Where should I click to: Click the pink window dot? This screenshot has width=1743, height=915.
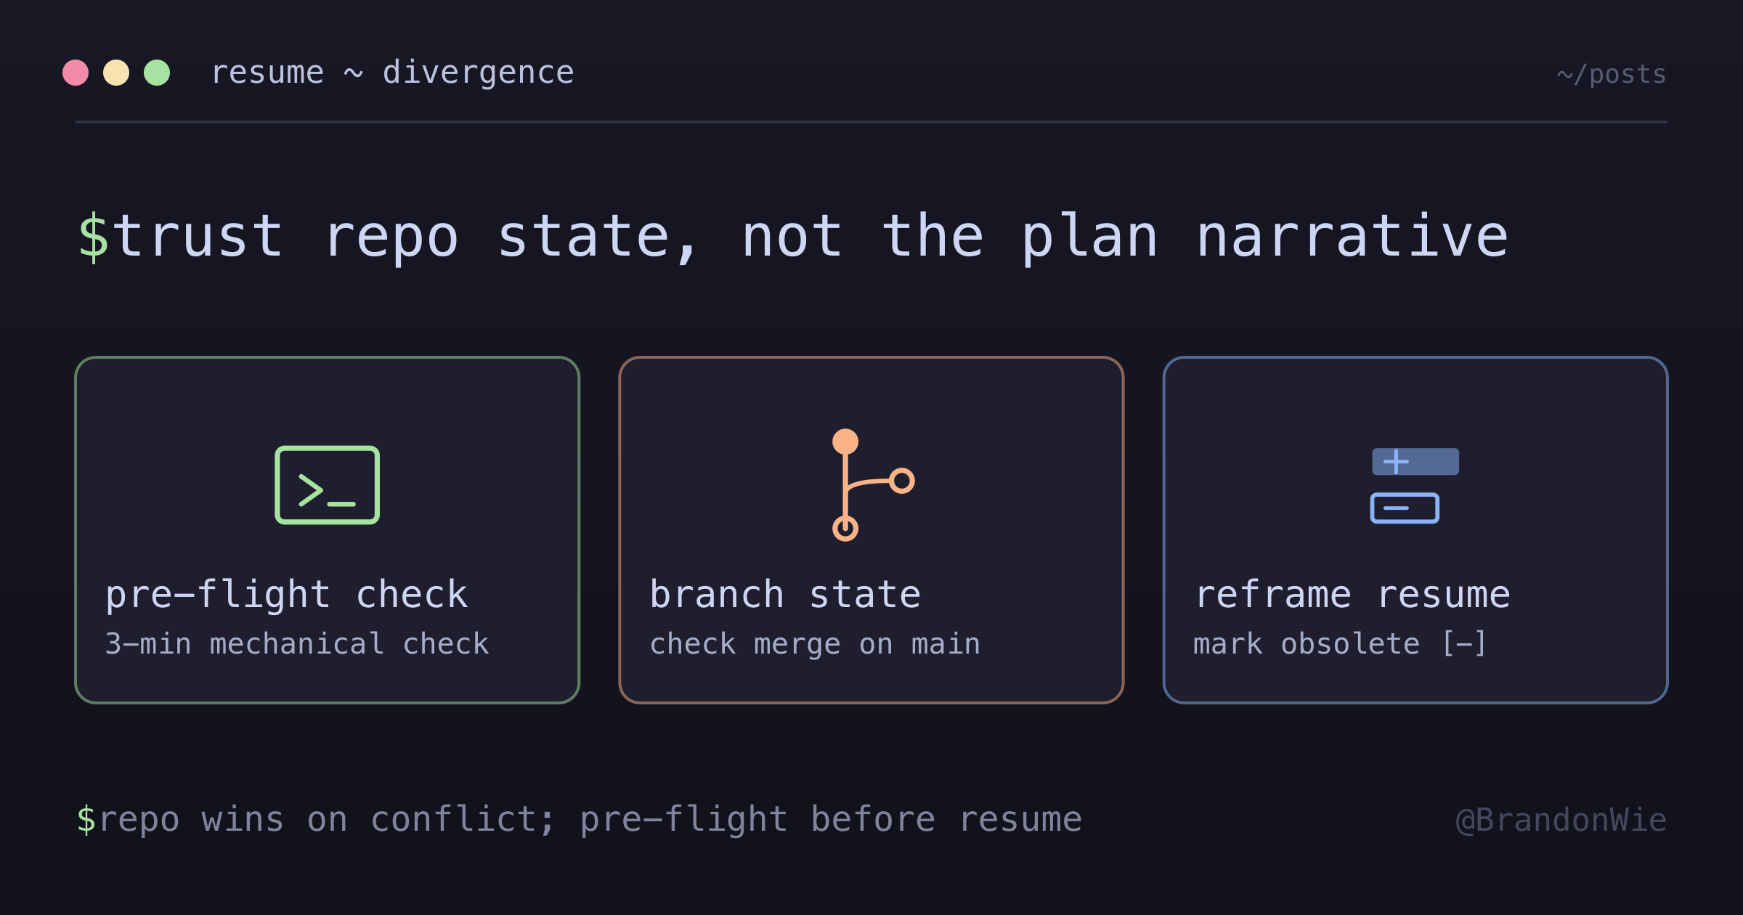coord(76,73)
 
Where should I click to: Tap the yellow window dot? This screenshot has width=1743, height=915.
coord(116,73)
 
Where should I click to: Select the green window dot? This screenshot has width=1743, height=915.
coord(157,73)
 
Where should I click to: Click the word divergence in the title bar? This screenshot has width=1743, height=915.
coord(479,73)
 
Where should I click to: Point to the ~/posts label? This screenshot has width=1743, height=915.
coord(1612,75)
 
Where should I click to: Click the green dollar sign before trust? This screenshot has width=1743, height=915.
coord(94,237)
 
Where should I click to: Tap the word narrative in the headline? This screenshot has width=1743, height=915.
coord(1352,237)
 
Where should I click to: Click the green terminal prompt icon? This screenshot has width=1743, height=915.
coord(328,485)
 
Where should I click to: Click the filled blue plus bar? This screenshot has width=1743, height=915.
coord(1415,462)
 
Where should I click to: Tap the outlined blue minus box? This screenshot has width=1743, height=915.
coord(1405,508)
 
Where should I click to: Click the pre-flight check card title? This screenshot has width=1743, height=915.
coord(287,595)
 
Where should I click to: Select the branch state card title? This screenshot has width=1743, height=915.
coord(785,595)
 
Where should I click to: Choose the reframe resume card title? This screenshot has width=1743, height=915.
coord(1352,595)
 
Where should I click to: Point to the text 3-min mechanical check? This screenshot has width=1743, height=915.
coord(297,644)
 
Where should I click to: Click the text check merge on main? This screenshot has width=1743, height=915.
coord(815,644)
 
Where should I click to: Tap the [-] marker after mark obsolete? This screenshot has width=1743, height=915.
coord(1464,644)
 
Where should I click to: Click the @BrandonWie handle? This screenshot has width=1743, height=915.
coord(1561,820)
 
